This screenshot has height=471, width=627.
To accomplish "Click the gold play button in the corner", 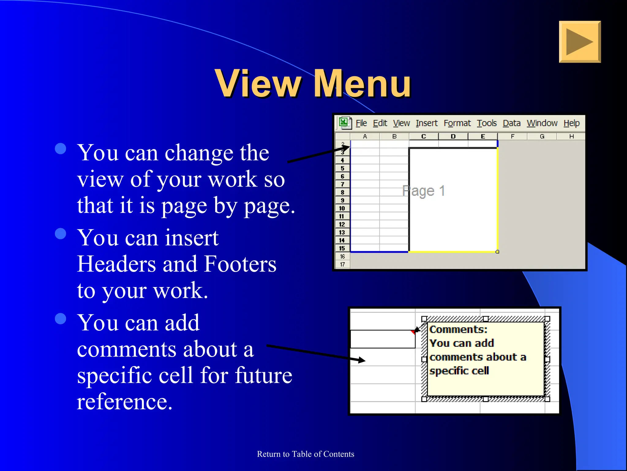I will (x=580, y=42).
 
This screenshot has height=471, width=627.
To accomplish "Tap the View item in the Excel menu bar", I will (x=401, y=123).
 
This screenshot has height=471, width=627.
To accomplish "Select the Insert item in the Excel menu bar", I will (x=426, y=123).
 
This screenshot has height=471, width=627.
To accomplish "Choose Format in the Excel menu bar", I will (x=457, y=123).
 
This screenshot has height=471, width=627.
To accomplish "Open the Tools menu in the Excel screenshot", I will (x=486, y=123).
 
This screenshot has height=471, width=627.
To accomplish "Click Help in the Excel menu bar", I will (x=571, y=123).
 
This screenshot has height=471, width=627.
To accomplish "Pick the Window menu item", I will (x=542, y=123).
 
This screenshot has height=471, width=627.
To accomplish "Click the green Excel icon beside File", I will (x=344, y=123).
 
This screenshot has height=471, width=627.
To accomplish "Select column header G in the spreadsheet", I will (x=542, y=136).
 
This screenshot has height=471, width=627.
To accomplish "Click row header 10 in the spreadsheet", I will (x=342, y=208).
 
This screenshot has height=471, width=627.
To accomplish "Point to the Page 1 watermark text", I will (x=423, y=191).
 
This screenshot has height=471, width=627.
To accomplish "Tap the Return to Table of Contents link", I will (x=305, y=454).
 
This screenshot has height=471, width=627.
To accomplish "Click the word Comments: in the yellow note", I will (x=458, y=329).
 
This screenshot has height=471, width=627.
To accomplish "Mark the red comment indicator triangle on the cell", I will (x=413, y=332).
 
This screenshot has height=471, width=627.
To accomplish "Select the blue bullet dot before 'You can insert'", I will (x=61, y=234).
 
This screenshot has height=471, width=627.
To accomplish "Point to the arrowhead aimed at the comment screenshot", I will (x=362, y=360).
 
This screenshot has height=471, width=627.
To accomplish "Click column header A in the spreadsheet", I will (x=365, y=136).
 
